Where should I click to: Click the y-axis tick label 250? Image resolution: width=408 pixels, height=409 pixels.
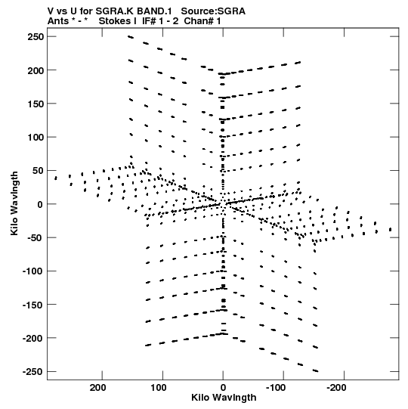[x=36, y=37]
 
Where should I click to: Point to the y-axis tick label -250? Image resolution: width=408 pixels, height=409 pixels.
[x=33, y=371]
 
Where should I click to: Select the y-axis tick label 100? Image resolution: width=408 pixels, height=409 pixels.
[x=36, y=137]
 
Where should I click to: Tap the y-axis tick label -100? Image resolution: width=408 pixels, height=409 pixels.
[x=33, y=271]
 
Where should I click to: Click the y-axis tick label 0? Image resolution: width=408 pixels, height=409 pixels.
[x=40, y=204]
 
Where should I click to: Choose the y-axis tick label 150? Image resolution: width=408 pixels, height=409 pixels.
[x=36, y=104]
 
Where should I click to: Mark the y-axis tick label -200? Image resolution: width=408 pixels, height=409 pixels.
[x=33, y=338]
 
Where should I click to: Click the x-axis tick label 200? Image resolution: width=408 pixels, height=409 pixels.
[x=97, y=388]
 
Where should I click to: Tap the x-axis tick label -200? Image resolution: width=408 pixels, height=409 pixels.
[x=336, y=388]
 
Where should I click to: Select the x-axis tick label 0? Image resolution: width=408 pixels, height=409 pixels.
[x=223, y=388]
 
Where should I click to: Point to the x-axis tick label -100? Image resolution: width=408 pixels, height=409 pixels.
[x=276, y=388]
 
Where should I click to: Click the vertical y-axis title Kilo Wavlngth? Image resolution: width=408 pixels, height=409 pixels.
[x=14, y=203]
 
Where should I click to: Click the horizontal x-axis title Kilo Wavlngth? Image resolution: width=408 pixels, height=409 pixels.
[x=224, y=398]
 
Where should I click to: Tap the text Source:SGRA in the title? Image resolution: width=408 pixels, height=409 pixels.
[x=213, y=11]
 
